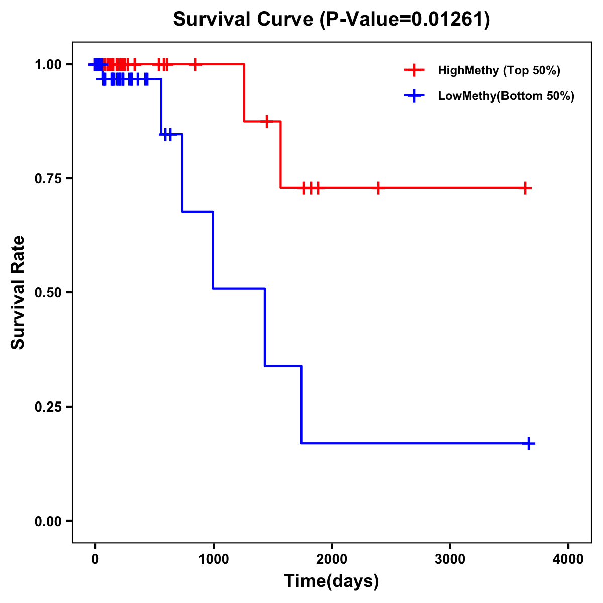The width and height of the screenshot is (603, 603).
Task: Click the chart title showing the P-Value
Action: coord(331,19)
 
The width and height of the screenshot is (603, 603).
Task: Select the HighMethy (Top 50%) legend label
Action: coord(498,70)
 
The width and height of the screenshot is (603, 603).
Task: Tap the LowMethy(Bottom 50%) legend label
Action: coord(506,96)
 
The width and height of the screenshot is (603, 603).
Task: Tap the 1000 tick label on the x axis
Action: coord(214,559)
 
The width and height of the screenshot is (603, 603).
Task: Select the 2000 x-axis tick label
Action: coord(332,559)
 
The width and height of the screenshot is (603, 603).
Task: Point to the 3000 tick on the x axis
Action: coord(450,559)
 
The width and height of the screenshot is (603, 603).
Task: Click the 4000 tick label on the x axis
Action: coord(568,559)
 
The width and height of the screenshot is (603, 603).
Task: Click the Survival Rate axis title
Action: coord(18,292)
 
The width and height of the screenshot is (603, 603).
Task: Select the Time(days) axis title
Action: coord(332,581)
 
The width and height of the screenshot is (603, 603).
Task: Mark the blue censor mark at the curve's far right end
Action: coord(529,443)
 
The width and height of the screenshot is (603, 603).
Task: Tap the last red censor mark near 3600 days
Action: coord(525,188)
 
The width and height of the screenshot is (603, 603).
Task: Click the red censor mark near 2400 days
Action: coord(378,188)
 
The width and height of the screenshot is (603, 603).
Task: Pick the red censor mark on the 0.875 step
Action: coord(267,121)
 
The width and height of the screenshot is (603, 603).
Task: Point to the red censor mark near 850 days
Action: coord(195,64)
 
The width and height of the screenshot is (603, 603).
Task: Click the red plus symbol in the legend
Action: coord(414,70)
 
